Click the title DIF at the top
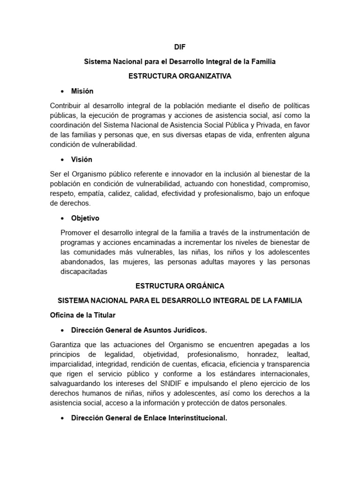coord(180,47)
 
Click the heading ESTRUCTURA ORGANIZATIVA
coord(180,76)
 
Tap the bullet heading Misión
coord(82,91)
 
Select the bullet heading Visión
coord(82,159)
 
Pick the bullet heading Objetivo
coord(85,218)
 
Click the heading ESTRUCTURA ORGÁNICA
coord(180,285)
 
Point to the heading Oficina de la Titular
coord(82,315)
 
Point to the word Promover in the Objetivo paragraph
coord(77,233)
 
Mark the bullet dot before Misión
coord(62,91)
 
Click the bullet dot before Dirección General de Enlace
coord(62,418)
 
